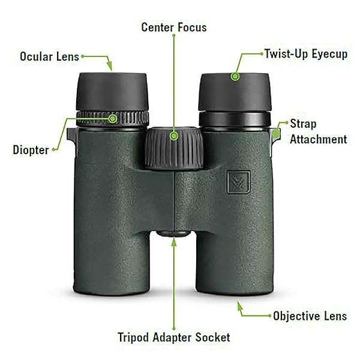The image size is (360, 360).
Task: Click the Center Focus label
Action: [174, 28]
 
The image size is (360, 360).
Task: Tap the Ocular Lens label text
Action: [49, 57]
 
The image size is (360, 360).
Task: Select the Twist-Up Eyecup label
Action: [306, 54]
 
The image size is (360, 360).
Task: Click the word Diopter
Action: [30, 150]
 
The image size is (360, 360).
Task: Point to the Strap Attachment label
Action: [318, 132]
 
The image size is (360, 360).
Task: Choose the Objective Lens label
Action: [310, 316]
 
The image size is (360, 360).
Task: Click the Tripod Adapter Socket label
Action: [174, 337]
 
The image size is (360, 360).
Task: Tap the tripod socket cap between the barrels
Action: [174, 233]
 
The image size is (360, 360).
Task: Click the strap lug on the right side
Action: [277, 133]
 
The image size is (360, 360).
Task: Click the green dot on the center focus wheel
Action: [174, 136]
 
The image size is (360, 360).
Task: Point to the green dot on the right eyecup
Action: [235, 76]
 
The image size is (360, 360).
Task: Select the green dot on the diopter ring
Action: [112, 118]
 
